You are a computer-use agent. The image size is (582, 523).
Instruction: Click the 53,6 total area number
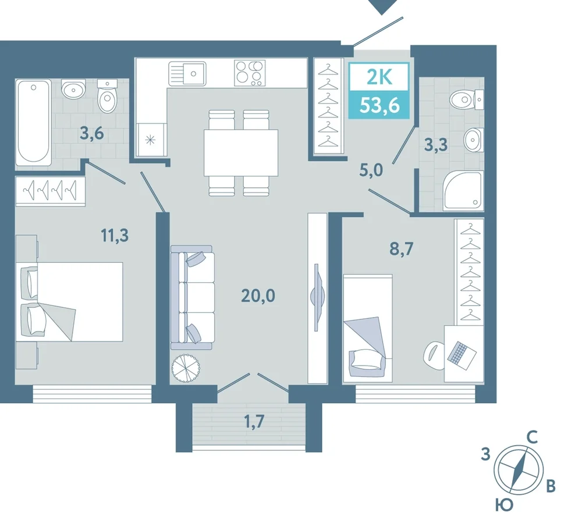coord(379,106)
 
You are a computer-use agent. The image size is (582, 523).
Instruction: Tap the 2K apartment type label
coord(379,77)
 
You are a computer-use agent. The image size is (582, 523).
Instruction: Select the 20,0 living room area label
coord(258,296)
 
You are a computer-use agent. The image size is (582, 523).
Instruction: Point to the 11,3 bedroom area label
coord(115,235)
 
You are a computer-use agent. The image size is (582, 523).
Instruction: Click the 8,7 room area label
coord(401,248)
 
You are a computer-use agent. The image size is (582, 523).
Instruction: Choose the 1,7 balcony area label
coord(254,421)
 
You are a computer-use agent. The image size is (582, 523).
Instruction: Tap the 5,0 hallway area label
coord(371,170)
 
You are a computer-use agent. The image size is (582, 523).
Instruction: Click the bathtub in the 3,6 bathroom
coord(33,122)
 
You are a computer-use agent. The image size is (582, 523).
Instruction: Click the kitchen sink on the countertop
coord(187,74)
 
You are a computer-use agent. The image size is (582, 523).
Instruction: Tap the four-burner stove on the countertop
coord(250,73)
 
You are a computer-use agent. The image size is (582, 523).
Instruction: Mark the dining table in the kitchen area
coord(241,152)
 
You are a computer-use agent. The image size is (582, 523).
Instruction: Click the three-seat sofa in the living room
coord(191,297)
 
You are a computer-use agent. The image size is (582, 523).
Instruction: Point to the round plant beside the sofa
coord(186,368)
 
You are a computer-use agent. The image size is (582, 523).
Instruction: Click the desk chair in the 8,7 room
coord(434,355)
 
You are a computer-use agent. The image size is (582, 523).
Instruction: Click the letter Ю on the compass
coord(503,505)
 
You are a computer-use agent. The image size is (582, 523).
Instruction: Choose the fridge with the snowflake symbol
coord(150,140)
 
